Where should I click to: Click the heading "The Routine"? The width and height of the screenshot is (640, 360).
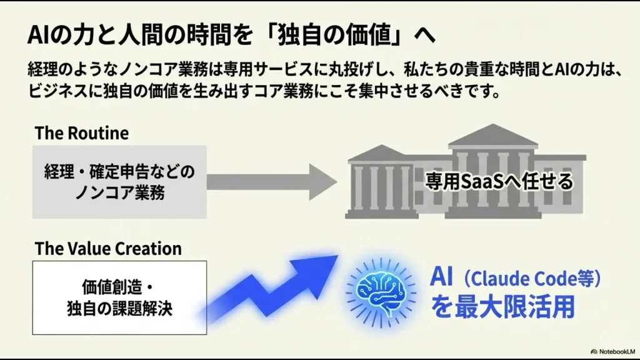(x=81, y=133)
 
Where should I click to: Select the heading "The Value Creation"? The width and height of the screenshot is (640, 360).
(x=108, y=248)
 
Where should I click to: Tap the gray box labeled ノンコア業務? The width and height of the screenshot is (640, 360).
(x=119, y=182)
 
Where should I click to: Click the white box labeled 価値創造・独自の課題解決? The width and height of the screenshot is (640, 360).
(x=119, y=297)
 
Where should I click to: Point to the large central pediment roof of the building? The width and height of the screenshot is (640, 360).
(x=484, y=135)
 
